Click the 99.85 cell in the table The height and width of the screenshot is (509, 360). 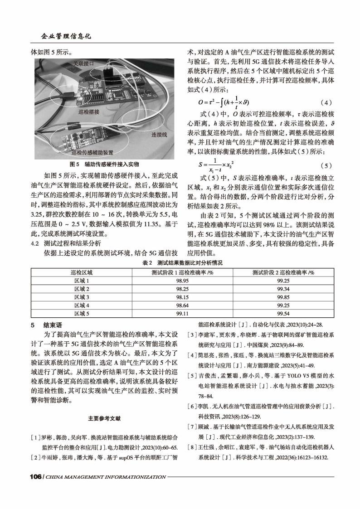pos(283,297)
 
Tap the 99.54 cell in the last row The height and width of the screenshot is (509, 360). pos(283,313)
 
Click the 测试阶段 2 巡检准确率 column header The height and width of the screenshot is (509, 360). pos(283,272)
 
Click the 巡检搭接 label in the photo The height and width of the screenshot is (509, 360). pos(89,111)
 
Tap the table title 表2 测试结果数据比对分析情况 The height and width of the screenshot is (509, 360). pos(180,263)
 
